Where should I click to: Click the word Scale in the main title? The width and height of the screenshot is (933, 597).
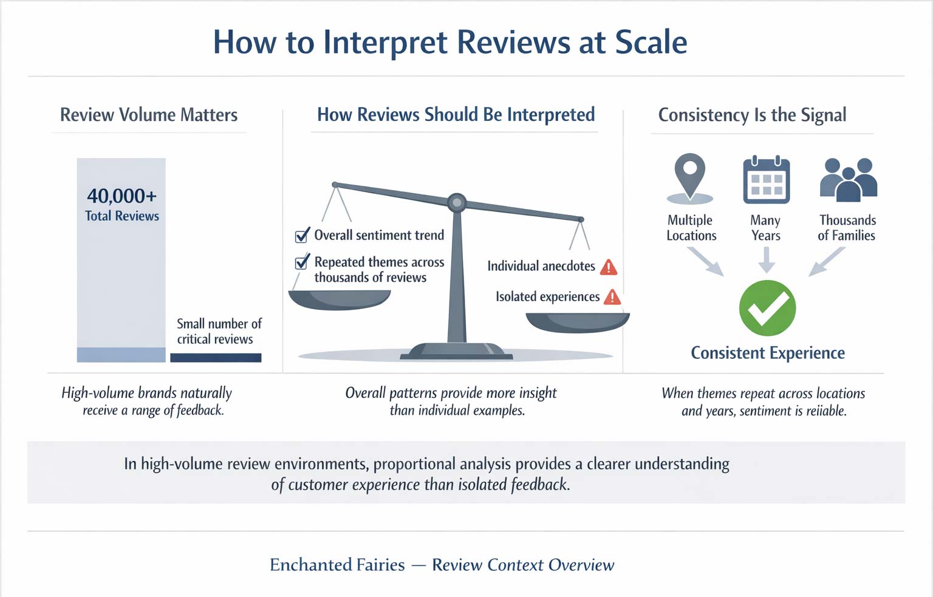[651, 43]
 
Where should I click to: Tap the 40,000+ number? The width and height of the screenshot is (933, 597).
[121, 196]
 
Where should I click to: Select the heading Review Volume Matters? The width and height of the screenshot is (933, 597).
[149, 115]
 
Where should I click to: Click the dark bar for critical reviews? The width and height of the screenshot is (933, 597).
[216, 358]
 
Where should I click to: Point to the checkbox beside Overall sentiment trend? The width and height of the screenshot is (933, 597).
[301, 236]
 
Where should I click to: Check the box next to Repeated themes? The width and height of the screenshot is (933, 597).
[301, 263]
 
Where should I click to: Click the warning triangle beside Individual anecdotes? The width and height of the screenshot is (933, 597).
[609, 267]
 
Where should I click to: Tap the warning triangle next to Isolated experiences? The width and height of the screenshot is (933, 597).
[612, 297]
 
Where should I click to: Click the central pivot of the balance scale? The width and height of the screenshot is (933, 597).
[457, 202]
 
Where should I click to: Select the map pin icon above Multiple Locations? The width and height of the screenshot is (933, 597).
[690, 176]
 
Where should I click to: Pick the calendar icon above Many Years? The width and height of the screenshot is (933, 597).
[767, 180]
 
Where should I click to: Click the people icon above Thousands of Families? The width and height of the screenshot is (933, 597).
[849, 180]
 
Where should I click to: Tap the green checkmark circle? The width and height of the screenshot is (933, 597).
[767, 308]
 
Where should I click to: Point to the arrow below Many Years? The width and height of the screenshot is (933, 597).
[767, 260]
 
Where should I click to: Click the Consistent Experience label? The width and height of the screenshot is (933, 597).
[768, 353]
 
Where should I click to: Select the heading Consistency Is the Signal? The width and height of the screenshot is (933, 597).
[752, 115]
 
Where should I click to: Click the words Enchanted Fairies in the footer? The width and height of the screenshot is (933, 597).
[337, 565]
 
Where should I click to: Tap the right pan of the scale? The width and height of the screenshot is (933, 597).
[577, 322]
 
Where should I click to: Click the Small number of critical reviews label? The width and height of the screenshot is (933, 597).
[219, 331]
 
